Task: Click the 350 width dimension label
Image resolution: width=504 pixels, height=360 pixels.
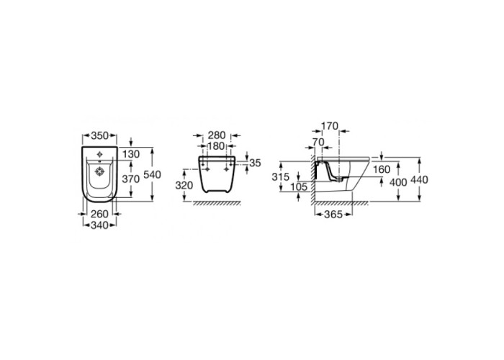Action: pyautogui.click(x=99, y=136)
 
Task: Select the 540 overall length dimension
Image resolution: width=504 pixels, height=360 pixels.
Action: pyautogui.click(x=152, y=175)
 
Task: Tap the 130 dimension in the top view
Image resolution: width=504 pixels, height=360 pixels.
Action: pyautogui.click(x=131, y=154)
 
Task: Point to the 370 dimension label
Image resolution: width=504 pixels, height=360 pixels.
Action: pyautogui.click(x=131, y=179)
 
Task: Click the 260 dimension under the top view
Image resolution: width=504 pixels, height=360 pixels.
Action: pyautogui.click(x=99, y=214)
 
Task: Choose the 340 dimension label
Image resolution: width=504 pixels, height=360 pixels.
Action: pyautogui.click(x=99, y=225)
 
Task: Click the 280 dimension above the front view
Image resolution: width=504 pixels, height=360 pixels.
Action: pyautogui.click(x=217, y=135)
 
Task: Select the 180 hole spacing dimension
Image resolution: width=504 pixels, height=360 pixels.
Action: pyautogui.click(x=216, y=146)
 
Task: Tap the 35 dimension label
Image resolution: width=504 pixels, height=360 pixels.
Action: pyautogui.click(x=255, y=163)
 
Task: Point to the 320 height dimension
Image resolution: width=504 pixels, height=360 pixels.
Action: pyautogui.click(x=184, y=186)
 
